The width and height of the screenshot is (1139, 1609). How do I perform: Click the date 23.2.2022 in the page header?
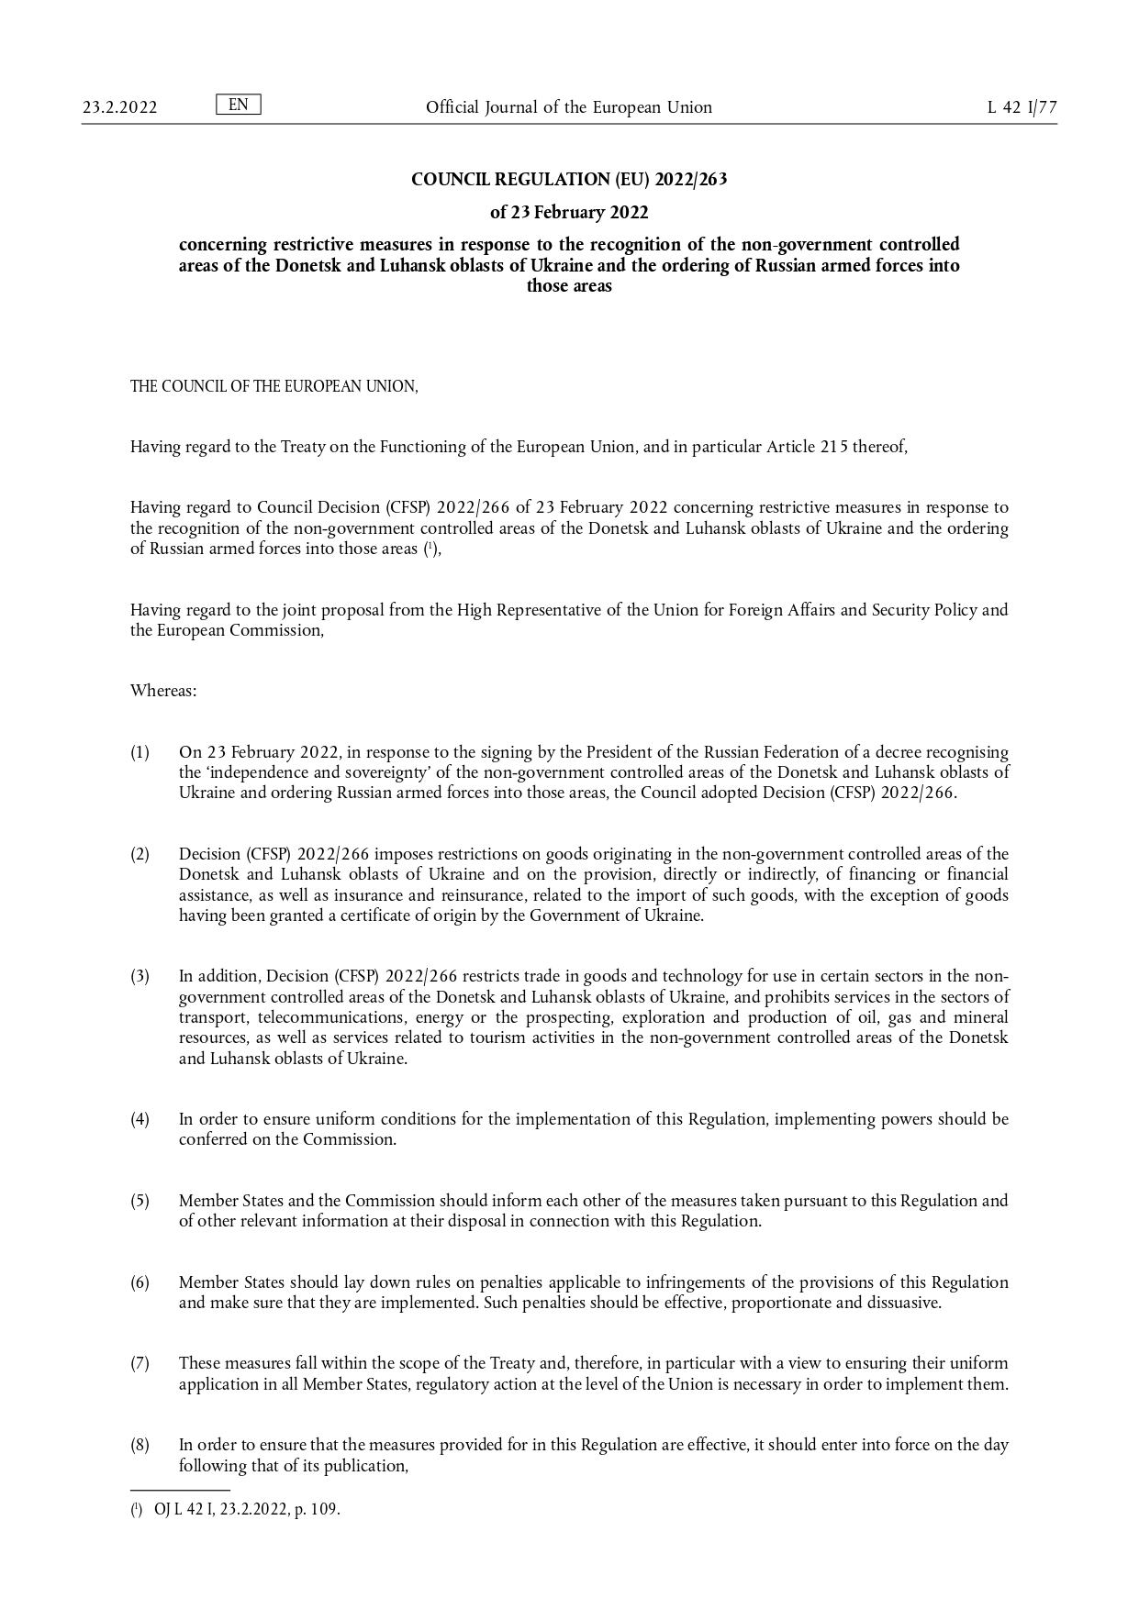click(119, 107)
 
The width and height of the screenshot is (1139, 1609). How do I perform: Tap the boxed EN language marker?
click(238, 105)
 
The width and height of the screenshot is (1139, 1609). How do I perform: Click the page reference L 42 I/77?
click(1022, 107)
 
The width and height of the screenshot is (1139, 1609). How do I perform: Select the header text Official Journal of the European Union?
click(568, 107)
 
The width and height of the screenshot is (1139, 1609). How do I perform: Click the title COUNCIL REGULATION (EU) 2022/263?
click(568, 180)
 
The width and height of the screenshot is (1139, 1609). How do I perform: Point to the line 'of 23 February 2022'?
click(568, 213)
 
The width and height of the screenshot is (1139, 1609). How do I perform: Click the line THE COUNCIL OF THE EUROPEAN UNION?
click(274, 386)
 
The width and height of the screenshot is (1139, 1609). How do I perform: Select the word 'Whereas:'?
click(163, 690)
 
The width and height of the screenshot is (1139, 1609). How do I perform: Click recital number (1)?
click(140, 752)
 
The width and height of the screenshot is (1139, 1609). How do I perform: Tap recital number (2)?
click(140, 854)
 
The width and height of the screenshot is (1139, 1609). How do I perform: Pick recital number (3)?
click(140, 976)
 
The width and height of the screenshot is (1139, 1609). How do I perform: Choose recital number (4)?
click(140, 1119)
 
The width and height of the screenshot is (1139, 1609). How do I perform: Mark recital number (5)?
click(140, 1201)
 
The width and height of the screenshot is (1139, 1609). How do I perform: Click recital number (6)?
click(140, 1282)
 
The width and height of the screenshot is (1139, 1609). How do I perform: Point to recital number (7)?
click(140, 1363)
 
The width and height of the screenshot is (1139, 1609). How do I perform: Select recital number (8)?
click(140, 1445)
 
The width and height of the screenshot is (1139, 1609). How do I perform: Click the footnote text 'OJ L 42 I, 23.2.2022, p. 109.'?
click(247, 1509)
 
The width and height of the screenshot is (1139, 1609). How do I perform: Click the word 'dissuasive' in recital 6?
click(902, 1303)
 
